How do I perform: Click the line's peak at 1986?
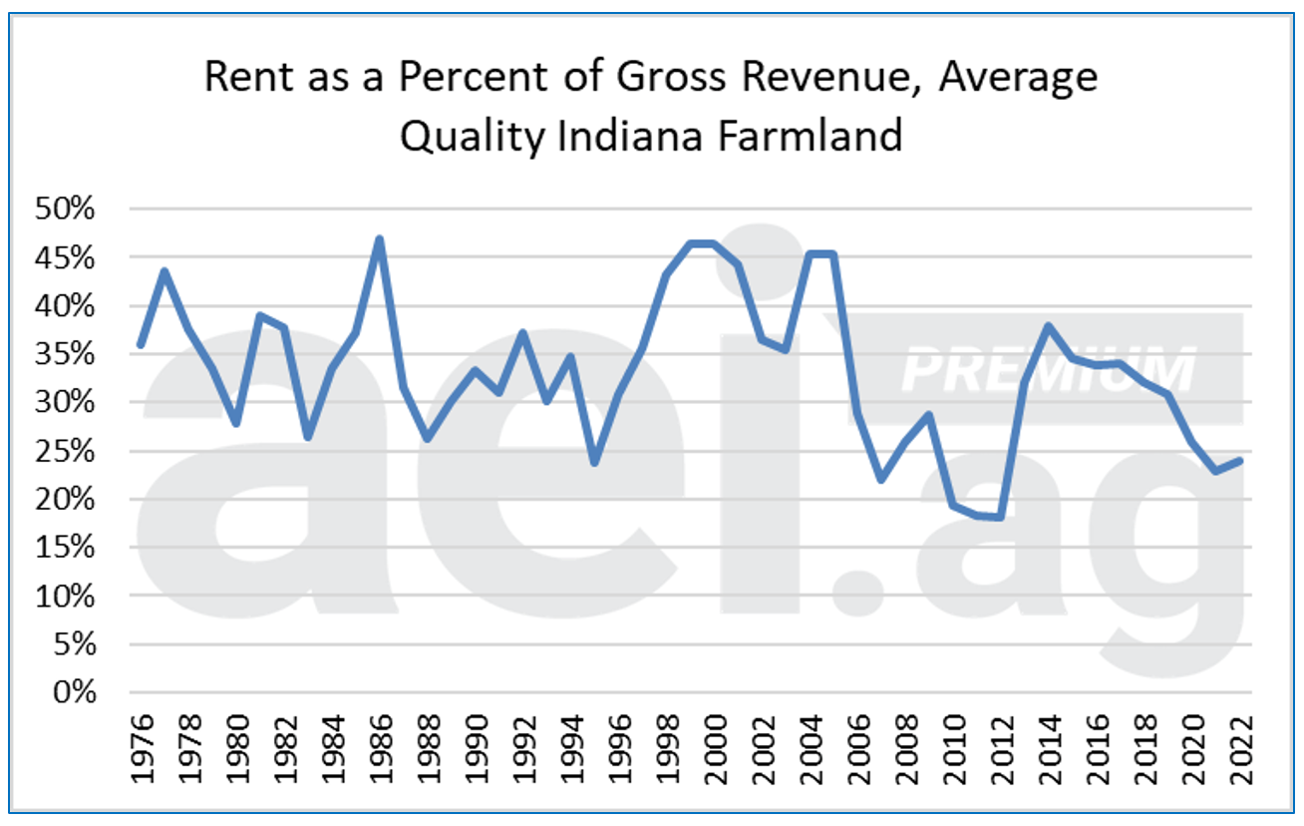[380, 238]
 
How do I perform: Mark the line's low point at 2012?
[1000, 517]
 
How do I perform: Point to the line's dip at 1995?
[594, 463]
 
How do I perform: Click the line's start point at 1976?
[142, 345]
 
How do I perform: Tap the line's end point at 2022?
[1239, 460]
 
